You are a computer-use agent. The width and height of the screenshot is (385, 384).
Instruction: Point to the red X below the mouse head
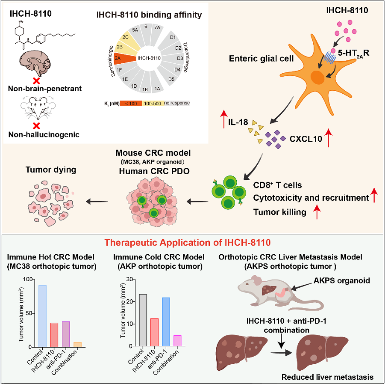pos(37,126)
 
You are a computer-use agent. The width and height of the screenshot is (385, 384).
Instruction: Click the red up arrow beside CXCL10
pos(329,138)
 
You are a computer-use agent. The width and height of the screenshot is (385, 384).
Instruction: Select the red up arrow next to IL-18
pos(223,119)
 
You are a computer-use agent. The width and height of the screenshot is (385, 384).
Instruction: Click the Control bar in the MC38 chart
pos(42,316)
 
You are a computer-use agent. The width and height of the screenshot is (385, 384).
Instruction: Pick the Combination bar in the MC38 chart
pos(77,345)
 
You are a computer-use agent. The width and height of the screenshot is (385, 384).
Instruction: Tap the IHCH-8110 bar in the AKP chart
pos(154,332)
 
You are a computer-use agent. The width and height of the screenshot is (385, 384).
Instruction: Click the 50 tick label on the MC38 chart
pos(29,313)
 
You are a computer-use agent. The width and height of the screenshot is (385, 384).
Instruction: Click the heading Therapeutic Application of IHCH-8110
pos(188,243)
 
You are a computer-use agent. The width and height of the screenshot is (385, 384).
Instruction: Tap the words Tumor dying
pos(51,170)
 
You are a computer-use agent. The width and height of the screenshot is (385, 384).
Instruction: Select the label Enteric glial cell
pos(261,59)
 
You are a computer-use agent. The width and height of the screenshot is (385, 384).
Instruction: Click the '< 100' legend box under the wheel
pos(131,103)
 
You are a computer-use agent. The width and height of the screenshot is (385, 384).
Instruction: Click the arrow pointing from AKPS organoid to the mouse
pos(302,286)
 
